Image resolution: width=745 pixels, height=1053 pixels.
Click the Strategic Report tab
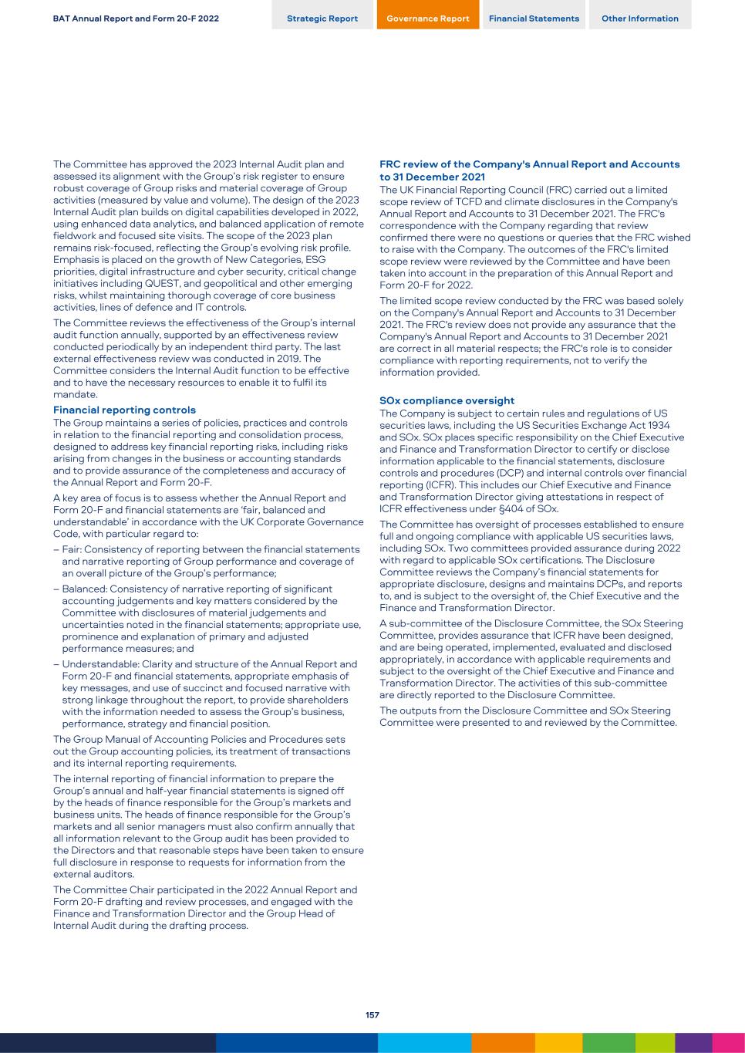(x=322, y=19)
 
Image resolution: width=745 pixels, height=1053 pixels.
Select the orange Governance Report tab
(x=427, y=19)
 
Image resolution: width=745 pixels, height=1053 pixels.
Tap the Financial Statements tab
(x=534, y=19)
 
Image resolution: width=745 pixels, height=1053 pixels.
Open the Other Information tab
(x=640, y=19)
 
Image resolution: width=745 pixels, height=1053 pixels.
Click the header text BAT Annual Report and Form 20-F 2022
(x=136, y=19)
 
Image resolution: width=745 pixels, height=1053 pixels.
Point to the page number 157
(x=372, y=1015)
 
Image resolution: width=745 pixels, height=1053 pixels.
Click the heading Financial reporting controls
(x=124, y=410)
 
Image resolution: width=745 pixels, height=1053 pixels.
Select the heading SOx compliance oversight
(x=447, y=400)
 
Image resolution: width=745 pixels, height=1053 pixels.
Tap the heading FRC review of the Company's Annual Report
(x=529, y=164)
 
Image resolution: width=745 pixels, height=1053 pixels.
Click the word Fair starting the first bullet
(x=72, y=549)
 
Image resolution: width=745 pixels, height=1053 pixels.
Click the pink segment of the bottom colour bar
(x=728, y=1043)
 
